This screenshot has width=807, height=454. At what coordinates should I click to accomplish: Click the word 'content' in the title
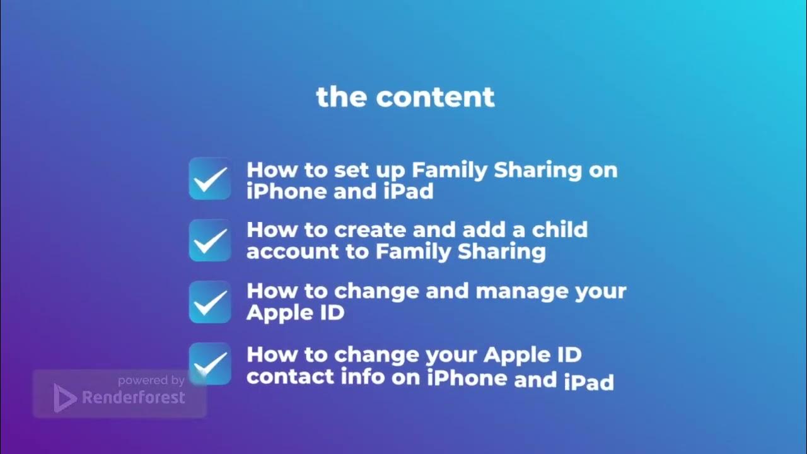(x=435, y=98)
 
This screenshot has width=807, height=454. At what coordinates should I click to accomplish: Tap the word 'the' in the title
(x=341, y=98)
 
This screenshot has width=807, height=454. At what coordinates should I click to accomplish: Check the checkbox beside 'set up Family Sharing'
(x=210, y=179)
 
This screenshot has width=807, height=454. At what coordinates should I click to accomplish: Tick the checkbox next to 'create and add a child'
(x=210, y=240)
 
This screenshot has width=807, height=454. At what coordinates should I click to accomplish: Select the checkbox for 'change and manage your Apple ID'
(x=210, y=302)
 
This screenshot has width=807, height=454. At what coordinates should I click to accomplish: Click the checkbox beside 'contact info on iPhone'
(x=210, y=364)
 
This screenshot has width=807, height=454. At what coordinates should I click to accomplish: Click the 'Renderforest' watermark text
(x=134, y=398)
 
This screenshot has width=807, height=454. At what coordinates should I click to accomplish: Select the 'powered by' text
(x=151, y=380)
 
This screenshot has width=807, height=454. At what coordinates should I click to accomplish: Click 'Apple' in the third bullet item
(x=274, y=313)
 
